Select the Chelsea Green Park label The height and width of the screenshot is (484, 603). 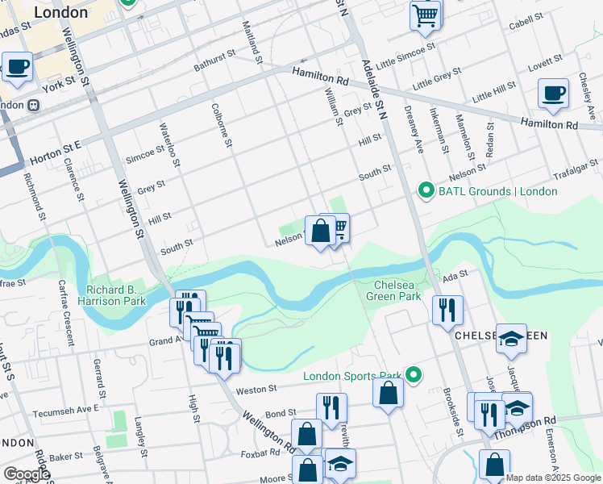(398, 290)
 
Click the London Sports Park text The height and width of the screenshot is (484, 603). (352, 376)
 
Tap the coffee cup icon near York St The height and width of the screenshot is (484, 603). (17, 68)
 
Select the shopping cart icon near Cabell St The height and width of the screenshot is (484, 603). (425, 15)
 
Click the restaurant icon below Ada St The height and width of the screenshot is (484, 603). (447, 311)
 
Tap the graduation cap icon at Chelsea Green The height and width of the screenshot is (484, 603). (511, 339)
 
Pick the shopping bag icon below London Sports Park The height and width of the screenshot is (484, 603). (388, 394)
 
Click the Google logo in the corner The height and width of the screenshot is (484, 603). (26, 474)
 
